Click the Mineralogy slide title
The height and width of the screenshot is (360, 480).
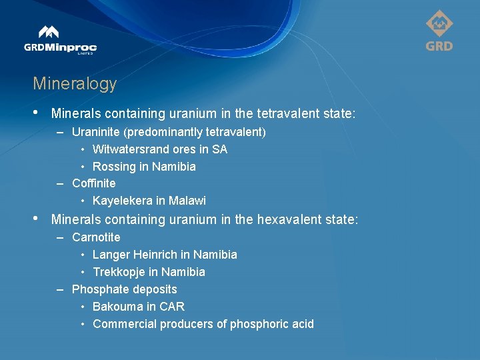pos(75,84)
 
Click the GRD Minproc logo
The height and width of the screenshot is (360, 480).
pos(60,41)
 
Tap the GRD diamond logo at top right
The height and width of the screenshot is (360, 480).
pos(439,31)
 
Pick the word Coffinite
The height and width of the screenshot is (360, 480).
pos(93,183)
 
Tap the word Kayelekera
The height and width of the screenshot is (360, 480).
pos(121,201)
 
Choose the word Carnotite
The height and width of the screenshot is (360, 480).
pos(96,237)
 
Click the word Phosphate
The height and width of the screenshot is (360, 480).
pos(97,289)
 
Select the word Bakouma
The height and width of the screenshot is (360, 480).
pos(115,307)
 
